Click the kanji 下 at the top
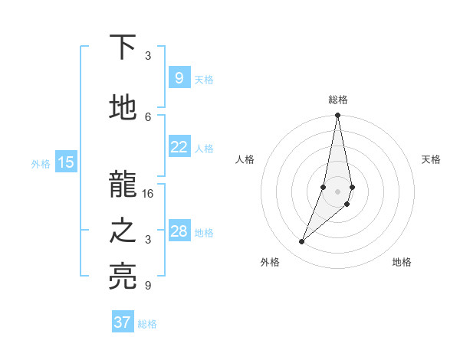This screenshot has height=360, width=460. pyautogui.click(x=123, y=47)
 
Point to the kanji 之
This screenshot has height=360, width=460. pyautogui.click(x=123, y=232)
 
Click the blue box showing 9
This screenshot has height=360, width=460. pyautogui.click(x=179, y=77)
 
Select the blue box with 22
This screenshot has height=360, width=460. pyautogui.click(x=179, y=147)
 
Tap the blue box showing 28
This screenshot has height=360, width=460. pyautogui.click(x=179, y=231)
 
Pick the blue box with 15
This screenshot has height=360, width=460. pyautogui.click(x=66, y=162)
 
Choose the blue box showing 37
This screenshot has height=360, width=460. pyautogui.click(x=123, y=322)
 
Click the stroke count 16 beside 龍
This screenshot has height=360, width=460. pyautogui.click(x=148, y=194)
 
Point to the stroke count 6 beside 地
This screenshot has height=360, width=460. pyautogui.click(x=148, y=116)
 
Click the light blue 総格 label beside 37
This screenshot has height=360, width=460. pyautogui.click(x=147, y=324)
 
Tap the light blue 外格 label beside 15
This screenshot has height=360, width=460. pyautogui.click(x=41, y=163)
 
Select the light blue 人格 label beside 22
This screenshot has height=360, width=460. pyautogui.click(x=204, y=149)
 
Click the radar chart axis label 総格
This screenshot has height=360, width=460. pyautogui.click(x=338, y=100)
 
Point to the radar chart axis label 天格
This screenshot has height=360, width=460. pyautogui.click(x=431, y=159)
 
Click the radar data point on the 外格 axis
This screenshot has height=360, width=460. pyautogui.click(x=301, y=242)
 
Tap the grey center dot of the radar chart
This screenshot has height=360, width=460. pyautogui.click(x=338, y=191)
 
